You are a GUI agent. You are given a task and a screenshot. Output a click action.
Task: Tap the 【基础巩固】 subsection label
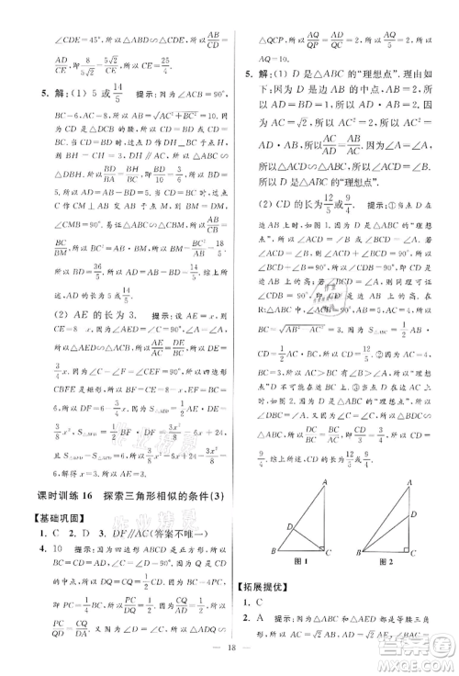point(55,519)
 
